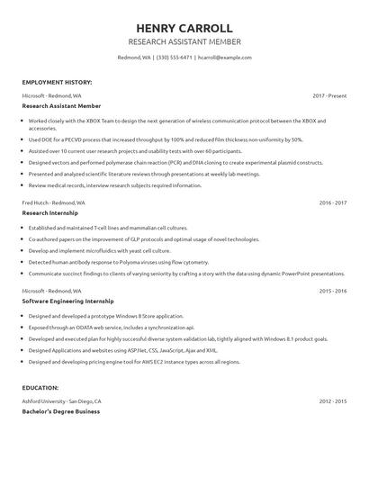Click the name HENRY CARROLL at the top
[184, 29]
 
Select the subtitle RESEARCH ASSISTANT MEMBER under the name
[184, 42]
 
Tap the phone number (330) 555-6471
[175, 57]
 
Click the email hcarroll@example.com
[224, 57]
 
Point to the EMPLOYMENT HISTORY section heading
[57, 82]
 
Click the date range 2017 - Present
[329, 94]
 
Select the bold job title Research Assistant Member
[62, 105]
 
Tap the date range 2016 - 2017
[332, 202]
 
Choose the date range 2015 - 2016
[332, 291]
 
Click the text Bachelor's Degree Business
[61, 410]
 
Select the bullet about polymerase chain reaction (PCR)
[175, 163]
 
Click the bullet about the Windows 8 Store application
[105, 317]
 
